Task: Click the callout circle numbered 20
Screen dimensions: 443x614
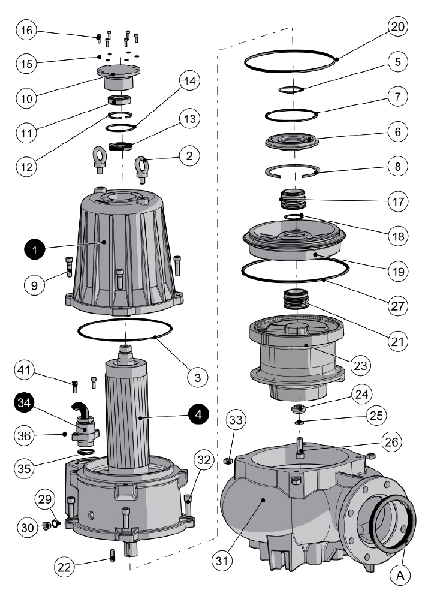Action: coord(397,27)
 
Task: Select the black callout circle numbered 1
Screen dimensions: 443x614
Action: coord(35,249)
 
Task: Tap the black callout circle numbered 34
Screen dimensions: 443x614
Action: coord(24,402)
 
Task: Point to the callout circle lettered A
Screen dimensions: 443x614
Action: coord(400,575)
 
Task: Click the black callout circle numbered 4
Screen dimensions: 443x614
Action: coord(199,414)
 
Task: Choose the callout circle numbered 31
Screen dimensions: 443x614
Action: coord(222,561)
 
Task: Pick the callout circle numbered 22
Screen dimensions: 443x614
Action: coord(64,567)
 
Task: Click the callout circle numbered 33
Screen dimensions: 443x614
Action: coord(236,420)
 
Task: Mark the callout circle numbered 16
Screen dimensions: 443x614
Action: coord(26,30)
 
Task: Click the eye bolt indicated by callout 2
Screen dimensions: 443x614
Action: coord(141,170)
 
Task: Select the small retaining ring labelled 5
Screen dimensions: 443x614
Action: coord(291,90)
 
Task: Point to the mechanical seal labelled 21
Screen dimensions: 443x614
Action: coord(296,299)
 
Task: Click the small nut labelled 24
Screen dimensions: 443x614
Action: coord(298,408)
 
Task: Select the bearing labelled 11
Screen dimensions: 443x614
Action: coord(119,100)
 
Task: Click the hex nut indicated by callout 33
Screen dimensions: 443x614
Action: coord(228,460)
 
